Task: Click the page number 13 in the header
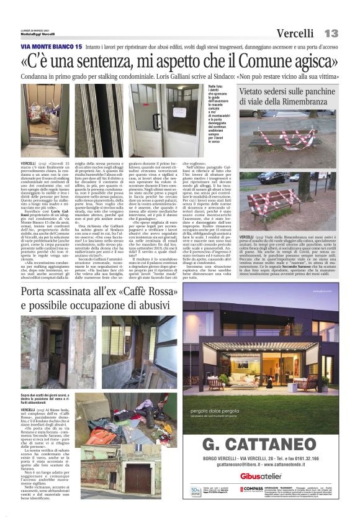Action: (x=331, y=33)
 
